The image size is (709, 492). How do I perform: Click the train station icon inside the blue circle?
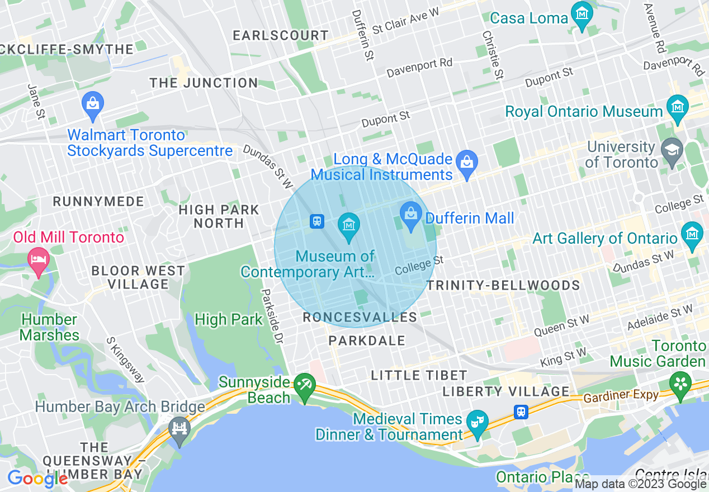pos(317,221)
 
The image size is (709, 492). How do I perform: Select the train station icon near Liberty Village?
pos(521,412)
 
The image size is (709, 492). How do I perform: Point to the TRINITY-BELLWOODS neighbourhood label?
pos(503,286)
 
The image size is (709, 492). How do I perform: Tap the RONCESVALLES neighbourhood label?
pos(360,318)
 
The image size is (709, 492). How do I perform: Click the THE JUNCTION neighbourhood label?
pos(204,83)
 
